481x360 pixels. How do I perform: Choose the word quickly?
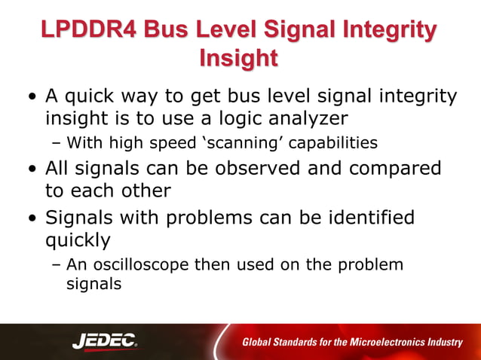click(78, 240)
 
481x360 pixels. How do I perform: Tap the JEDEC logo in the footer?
click(105, 342)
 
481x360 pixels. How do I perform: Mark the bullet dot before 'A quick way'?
click(31, 97)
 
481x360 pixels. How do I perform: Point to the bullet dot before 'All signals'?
click(31, 167)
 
